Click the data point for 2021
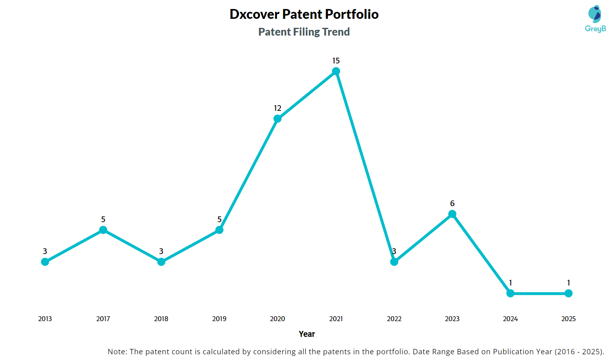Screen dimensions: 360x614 [x=336, y=72]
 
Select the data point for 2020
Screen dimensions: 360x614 [x=278, y=119]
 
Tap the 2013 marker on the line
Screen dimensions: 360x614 [x=45, y=262]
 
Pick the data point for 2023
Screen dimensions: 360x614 [x=452, y=214]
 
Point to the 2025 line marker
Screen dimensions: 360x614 [x=569, y=293]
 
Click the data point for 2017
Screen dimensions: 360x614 [x=103, y=230]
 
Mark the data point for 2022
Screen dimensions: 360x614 [x=394, y=262]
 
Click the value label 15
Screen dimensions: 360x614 [x=336, y=61]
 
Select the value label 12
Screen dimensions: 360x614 [x=278, y=108]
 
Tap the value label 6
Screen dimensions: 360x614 [x=452, y=204]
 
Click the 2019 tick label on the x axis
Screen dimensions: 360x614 [x=219, y=319]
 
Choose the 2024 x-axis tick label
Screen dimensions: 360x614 [x=510, y=319]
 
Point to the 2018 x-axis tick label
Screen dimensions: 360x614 [x=161, y=319]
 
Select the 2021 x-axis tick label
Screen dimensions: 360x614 [x=336, y=319]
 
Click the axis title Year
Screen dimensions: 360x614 [x=307, y=334]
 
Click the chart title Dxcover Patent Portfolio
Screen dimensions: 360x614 [x=304, y=14]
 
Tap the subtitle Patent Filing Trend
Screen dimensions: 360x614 [x=304, y=32]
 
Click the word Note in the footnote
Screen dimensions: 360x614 [x=117, y=352]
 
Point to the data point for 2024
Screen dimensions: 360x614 [x=510, y=293]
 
